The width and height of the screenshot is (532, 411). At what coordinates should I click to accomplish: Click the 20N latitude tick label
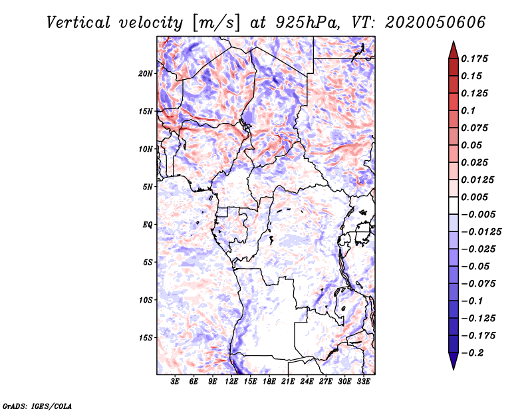(x=146, y=74)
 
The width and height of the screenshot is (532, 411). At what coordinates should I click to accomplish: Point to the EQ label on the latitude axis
(x=148, y=225)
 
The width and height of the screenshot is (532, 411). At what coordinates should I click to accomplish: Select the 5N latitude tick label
(x=148, y=187)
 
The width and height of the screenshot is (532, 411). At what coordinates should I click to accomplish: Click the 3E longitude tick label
(x=175, y=382)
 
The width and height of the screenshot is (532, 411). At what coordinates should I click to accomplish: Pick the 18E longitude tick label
(x=269, y=382)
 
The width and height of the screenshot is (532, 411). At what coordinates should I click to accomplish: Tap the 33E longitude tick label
(x=363, y=382)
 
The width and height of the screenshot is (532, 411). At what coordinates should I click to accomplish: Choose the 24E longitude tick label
(x=307, y=382)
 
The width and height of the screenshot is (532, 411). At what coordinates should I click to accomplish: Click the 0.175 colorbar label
(x=474, y=59)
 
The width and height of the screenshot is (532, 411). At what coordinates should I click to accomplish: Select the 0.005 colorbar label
(x=474, y=197)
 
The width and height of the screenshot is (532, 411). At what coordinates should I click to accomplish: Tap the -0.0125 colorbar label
(x=481, y=232)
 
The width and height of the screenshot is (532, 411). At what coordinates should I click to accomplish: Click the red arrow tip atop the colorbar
(x=454, y=42)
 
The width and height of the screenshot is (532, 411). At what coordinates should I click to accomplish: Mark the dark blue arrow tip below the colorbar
(x=454, y=368)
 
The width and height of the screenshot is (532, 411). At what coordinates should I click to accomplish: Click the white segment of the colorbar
(x=454, y=205)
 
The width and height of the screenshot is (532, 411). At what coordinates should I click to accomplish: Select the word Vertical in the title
(x=78, y=23)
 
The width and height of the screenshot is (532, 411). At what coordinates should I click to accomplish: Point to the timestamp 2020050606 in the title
(x=436, y=23)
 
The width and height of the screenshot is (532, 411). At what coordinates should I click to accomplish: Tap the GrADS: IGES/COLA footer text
(x=37, y=406)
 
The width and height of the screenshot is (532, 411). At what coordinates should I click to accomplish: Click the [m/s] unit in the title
(x=217, y=23)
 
